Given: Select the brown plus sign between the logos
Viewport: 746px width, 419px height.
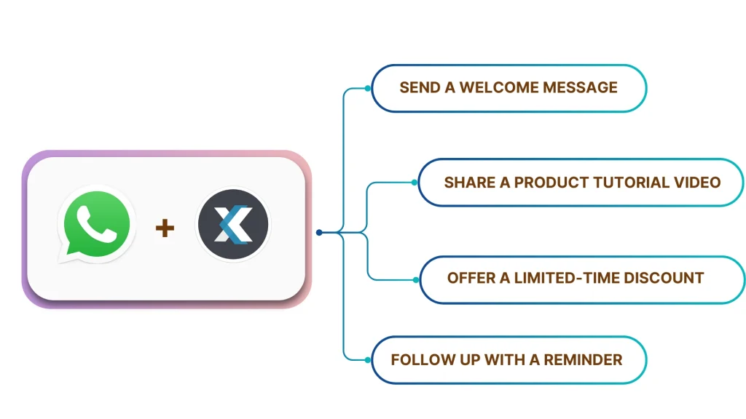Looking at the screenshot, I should click(165, 228).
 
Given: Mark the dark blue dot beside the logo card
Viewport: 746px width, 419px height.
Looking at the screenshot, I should click(319, 233).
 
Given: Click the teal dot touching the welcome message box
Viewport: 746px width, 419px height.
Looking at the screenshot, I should click(368, 89).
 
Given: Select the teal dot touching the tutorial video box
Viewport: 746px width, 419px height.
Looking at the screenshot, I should click(415, 183).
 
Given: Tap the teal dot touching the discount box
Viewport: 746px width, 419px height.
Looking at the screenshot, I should click(415, 279).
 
